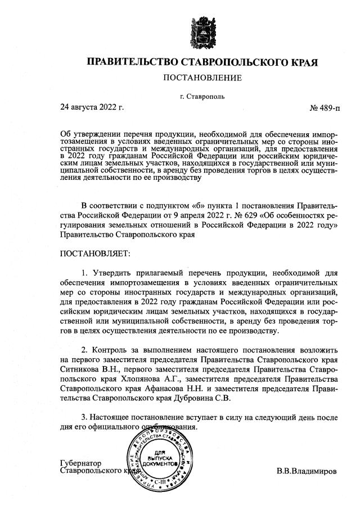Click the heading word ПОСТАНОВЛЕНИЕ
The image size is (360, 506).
coord(202,77)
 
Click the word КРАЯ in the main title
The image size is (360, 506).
coord(303,61)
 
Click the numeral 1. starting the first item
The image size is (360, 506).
coord(85,273)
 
